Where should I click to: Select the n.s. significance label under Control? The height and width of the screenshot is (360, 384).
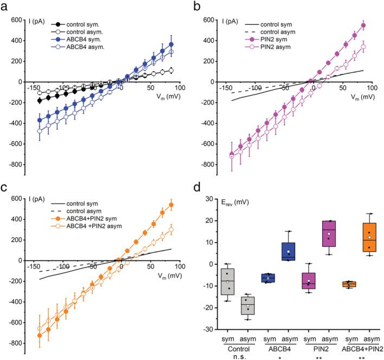[239, 356]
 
